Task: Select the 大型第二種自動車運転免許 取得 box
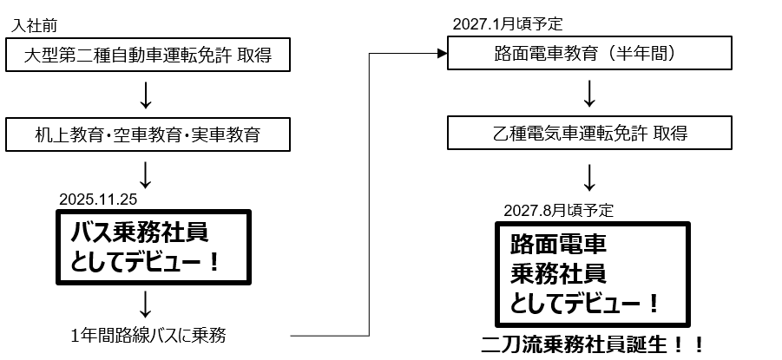pyautogui.click(x=146, y=57)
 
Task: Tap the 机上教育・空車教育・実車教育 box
pyautogui.click(x=146, y=134)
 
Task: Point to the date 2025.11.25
pyautogui.click(x=98, y=199)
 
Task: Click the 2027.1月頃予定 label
pyautogui.click(x=501, y=24)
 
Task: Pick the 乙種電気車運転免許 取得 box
pyautogui.click(x=589, y=134)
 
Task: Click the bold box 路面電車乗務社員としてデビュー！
pyautogui.click(x=593, y=272)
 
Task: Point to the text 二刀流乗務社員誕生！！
pyautogui.click(x=593, y=343)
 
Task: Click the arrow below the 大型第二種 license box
pyautogui.click(x=146, y=95)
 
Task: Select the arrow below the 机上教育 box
pyautogui.click(x=146, y=172)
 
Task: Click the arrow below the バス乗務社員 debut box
pyautogui.click(x=146, y=304)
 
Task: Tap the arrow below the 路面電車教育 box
pyautogui.click(x=589, y=94)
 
